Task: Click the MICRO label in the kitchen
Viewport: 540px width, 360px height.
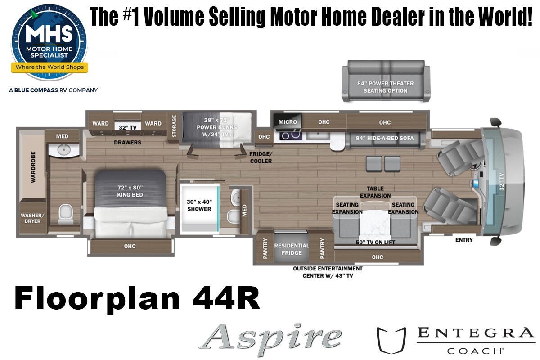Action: [x=288, y=122]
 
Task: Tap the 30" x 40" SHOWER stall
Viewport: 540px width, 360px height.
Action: [x=200, y=209]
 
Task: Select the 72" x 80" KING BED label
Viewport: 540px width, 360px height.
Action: [x=130, y=191]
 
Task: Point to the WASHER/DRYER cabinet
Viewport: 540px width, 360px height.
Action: [x=32, y=218]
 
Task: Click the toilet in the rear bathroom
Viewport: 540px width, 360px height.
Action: [x=66, y=214]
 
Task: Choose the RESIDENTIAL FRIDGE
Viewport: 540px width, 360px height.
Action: [x=292, y=247]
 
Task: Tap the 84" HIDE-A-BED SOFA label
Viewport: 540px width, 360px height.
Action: [x=384, y=138]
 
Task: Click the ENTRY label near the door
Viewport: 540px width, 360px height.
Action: [x=464, y=240]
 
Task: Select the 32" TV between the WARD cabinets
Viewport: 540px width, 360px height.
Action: [x=127, y=127]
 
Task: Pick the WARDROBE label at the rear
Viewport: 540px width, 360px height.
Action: [x=33, y=167]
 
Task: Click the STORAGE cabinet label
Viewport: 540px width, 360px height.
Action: [x=174, y=126]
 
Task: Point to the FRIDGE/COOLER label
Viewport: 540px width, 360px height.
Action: [x=261, y=157]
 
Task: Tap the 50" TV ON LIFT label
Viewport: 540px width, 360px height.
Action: [x=375, y=243]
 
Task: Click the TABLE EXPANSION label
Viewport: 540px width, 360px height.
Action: [x=375, y=192]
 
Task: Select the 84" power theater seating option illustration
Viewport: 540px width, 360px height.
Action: [x=386, y=81]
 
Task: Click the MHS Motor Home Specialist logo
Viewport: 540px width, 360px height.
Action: [x=49, y=42]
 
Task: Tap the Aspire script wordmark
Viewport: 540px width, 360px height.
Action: [x=270, y=339]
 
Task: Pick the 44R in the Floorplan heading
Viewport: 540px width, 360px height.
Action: [x=226, y=298]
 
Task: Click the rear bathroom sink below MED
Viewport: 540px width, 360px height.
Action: [x=64, y=150]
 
